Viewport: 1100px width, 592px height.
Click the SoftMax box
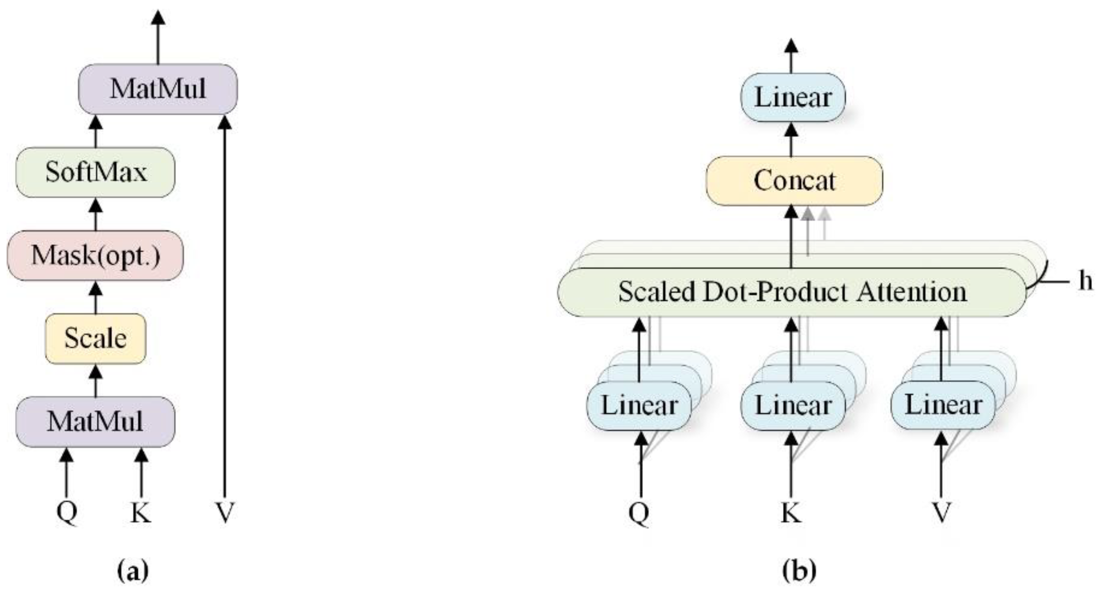95,172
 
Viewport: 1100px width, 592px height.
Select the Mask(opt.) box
95,255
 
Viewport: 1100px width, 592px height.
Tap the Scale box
95,338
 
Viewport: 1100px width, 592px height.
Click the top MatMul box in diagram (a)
158,89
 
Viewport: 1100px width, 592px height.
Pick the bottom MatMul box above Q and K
95,421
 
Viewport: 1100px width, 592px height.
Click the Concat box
794,180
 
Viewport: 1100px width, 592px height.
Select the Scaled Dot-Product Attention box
792,292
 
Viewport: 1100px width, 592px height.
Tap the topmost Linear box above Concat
793,97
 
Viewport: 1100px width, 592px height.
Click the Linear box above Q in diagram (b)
639,405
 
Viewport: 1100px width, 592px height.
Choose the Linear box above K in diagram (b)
793,405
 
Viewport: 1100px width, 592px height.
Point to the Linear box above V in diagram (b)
943,405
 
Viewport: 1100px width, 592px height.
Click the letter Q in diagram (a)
67,513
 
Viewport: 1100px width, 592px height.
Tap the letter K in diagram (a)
140,513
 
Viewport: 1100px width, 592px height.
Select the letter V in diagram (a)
225,513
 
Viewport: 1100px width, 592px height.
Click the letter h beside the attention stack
1085,281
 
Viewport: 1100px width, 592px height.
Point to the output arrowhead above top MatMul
158,18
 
